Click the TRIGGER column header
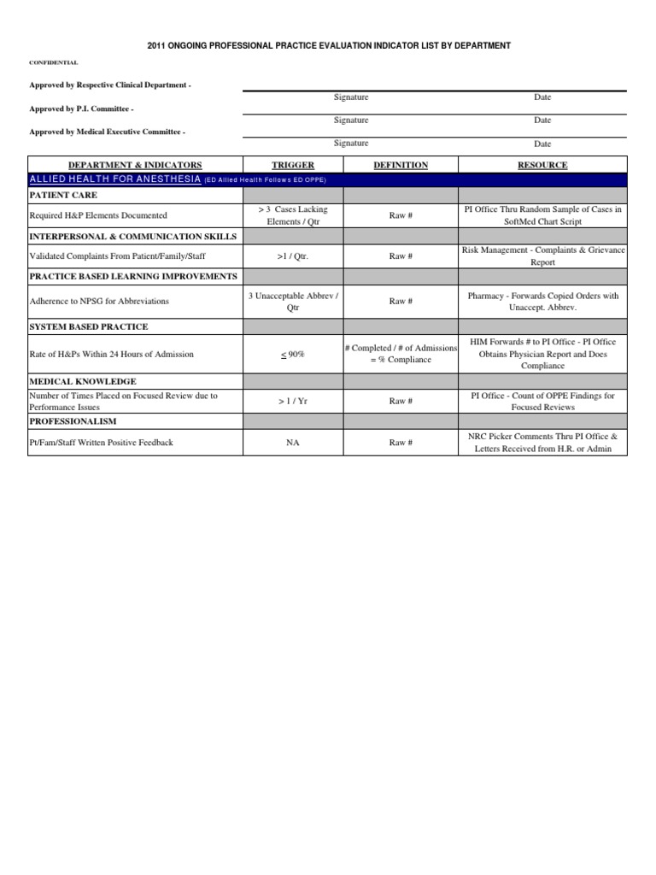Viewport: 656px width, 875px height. pos(293,165)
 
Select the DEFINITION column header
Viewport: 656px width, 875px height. pos(401,165)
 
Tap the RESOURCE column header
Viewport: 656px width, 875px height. pos(542,165)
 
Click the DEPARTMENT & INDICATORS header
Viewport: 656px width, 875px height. pos(136,165)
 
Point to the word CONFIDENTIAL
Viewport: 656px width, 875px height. pos(54,62)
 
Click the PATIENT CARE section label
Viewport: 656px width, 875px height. pos(63,196)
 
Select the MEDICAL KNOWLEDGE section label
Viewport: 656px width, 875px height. pos(83,381)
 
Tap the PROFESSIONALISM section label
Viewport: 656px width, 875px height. pos(73,421)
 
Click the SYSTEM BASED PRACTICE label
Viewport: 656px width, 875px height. pos(89,326)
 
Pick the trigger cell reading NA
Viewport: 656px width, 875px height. pos(293,443)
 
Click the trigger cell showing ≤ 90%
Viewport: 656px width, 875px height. pos(293,354)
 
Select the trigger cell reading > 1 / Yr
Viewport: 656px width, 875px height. pos(293,401)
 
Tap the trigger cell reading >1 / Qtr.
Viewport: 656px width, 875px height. pos(293,255)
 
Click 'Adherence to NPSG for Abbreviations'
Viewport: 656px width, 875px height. pos(99,301)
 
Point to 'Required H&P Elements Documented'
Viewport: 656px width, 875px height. pos(98,215)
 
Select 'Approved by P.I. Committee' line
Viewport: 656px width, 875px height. pos(81,109)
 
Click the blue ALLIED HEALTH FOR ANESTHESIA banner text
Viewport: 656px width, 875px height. pos(115,179)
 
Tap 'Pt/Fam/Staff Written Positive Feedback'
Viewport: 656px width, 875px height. pos(101,443)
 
